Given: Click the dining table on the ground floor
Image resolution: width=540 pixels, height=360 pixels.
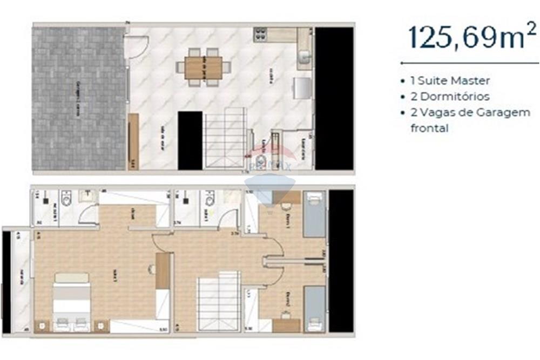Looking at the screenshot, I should [204, 68].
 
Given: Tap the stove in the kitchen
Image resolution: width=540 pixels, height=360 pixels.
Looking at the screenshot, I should [260, 35].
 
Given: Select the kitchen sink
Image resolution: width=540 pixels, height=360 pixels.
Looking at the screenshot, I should [305, 56].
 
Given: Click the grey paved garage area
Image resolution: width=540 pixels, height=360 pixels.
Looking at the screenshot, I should [79, 98].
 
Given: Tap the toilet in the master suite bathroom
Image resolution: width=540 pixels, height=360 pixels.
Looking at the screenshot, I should [66, 200].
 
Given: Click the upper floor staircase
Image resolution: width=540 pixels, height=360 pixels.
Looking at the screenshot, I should [219, 302].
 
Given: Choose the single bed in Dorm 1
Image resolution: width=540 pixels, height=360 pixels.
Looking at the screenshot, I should [314, 215].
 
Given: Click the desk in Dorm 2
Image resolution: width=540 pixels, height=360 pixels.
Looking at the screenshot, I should [286, 325].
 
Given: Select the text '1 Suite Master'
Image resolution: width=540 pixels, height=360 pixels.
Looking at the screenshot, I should [450, 81].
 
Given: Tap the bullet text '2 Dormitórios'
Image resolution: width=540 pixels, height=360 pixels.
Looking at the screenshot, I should [450, 97].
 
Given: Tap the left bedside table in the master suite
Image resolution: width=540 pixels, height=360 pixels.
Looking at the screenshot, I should [42, 325].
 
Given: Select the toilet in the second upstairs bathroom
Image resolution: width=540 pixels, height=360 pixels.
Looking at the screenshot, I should [210, 200].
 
